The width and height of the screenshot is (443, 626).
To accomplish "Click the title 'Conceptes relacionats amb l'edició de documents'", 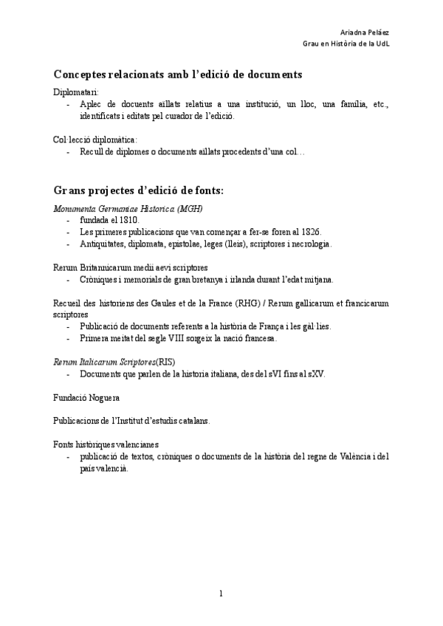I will click(177, 75).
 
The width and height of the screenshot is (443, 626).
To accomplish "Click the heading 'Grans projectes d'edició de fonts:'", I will click(138, 190).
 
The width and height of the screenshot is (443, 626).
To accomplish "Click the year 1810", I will click(128, 220).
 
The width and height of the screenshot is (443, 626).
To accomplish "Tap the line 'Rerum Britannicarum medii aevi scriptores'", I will click(130, 266).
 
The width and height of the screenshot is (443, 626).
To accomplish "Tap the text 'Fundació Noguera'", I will click(86, 396).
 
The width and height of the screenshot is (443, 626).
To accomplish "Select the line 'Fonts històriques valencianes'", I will click(106, 444).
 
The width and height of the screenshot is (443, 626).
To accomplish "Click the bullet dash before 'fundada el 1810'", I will click(69, 220).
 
